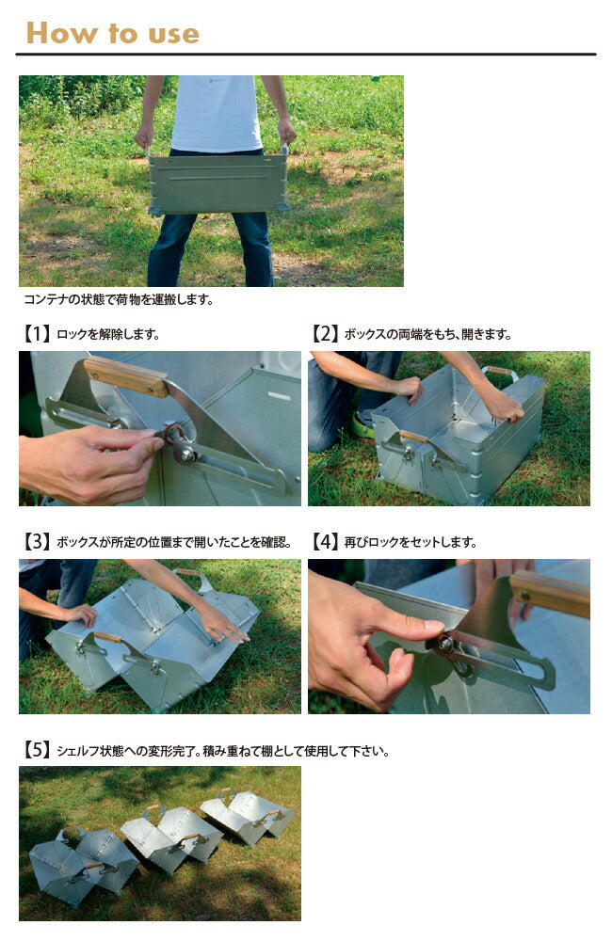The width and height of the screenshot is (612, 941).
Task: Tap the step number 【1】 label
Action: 37,334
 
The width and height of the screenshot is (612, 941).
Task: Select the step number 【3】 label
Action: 37,542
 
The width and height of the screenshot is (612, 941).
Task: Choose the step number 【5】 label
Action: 37,750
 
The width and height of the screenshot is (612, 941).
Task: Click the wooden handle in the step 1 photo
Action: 126,376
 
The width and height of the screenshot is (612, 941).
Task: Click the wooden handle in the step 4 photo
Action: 550,593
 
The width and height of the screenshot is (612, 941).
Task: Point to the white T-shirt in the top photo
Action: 217,112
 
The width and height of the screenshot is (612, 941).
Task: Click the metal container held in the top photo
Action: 217,183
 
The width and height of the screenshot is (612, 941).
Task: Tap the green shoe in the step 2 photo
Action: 362,426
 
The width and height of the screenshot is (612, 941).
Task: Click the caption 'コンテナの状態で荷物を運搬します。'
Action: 119,299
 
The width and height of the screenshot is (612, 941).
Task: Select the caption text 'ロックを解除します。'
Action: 108,335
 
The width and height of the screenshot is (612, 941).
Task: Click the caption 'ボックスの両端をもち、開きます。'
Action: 428,335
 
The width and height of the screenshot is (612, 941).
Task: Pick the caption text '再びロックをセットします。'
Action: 411,543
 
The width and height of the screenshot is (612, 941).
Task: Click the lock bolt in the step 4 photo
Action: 445,644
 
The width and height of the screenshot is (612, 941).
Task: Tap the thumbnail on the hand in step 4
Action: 433,626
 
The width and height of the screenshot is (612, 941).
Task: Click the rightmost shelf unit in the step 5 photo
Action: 248,814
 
